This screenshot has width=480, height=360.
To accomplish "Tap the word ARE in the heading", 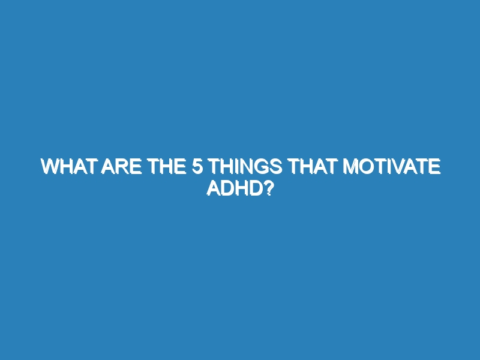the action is pyautogui.click(x=122, y=167).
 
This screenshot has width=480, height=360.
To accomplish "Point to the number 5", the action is pyautogui.click(x=197, y=167).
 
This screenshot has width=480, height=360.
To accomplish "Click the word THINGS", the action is pyautogui.click(x=246, y=167).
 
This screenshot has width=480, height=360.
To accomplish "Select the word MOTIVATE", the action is pyautogui.click(x=392, y=167).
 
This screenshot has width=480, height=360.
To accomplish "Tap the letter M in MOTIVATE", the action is pyautogui.click(x=350, y=167).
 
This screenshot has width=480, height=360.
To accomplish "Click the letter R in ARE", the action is pyautogui.click(x=122, y=167).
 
